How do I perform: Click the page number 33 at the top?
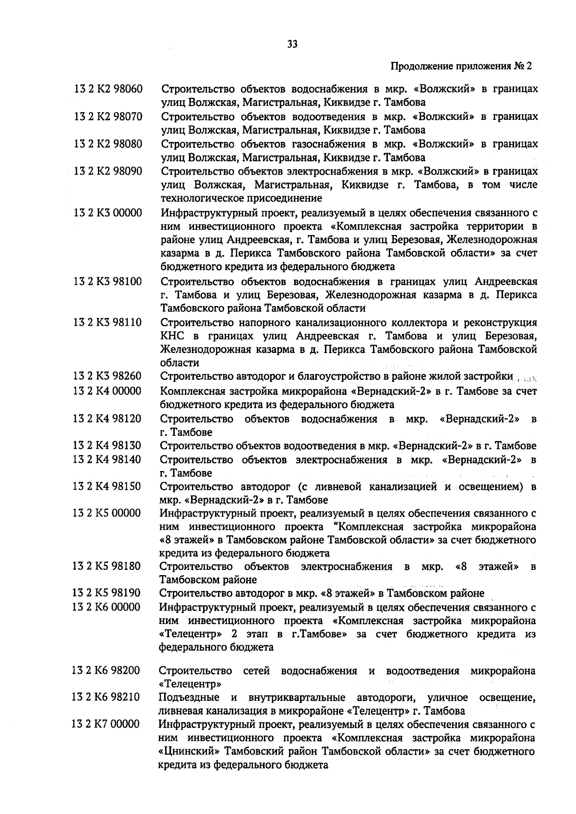292,44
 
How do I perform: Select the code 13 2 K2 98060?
108,89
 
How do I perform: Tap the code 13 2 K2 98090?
108,171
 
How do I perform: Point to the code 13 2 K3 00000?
108,212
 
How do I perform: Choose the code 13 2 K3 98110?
108,322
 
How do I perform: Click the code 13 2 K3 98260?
107,376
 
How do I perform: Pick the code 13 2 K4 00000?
107,391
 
